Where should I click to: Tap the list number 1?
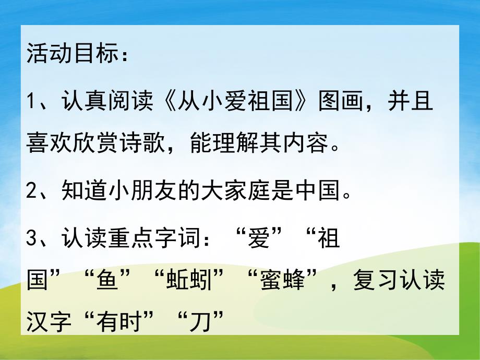31,102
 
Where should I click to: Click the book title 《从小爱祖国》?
229,101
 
